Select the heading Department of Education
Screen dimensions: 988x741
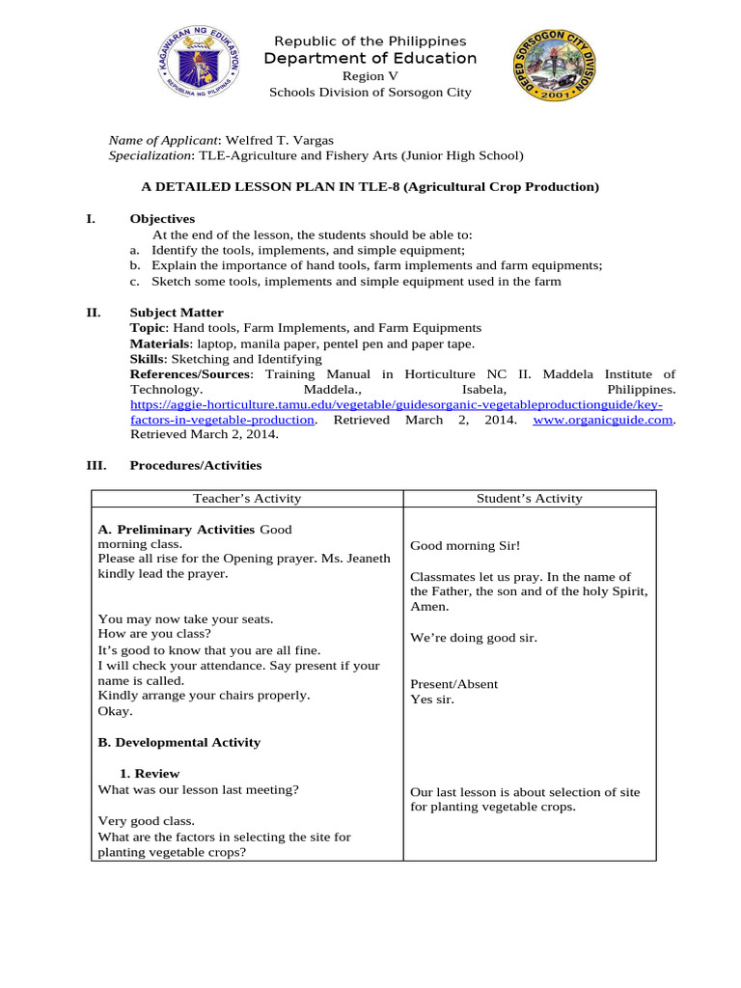(370, 59)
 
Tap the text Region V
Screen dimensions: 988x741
(370, 77)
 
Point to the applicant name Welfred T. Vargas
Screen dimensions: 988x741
(279, 140)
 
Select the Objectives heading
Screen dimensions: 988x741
(162, 219)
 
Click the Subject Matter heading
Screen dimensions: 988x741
(177, 313)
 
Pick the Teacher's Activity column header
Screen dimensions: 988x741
(247, 499)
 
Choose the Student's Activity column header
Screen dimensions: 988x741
(530, 499)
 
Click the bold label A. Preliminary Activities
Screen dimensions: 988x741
(177, 530)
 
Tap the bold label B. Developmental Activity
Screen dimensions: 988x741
(179, 742)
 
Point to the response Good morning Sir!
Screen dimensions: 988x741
(465, 546)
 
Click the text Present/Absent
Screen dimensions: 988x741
(454, 684)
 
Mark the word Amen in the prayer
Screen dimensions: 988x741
(428, 606)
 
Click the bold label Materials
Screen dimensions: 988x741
(159, 343)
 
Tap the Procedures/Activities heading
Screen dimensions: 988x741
(196, 465)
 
